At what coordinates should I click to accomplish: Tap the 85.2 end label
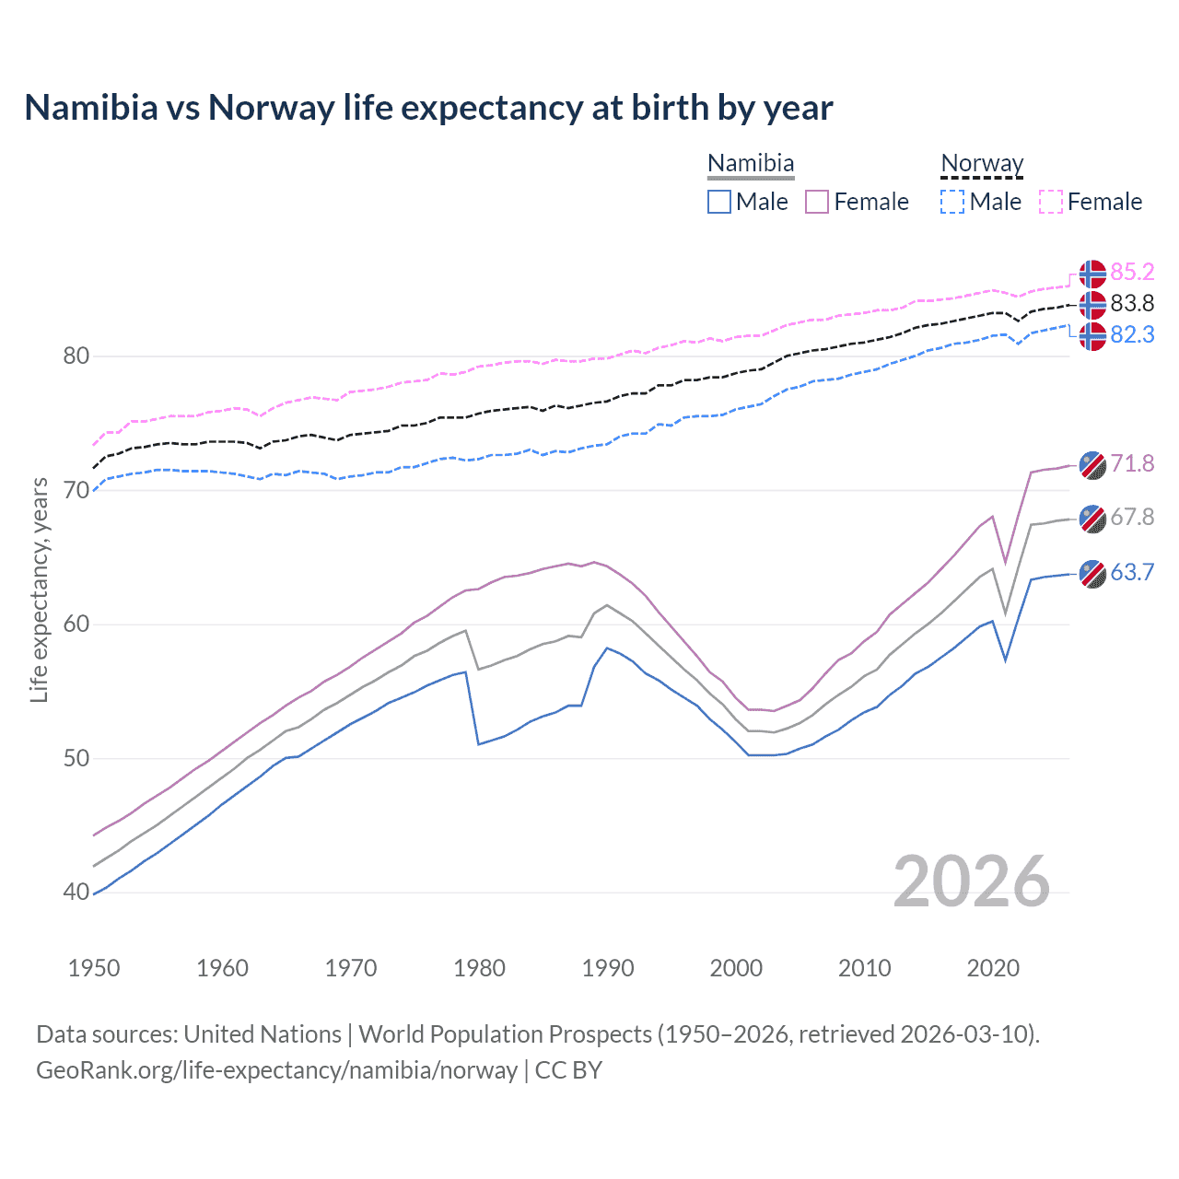1132,272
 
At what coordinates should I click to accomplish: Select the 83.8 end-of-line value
1132,303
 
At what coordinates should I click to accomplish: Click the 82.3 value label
1132,334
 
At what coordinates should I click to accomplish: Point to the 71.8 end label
1132,463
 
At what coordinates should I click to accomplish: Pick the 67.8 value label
1132,517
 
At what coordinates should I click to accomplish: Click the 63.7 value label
1132,572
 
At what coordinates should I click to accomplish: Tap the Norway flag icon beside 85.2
1092,274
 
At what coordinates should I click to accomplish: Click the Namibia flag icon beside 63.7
1092,573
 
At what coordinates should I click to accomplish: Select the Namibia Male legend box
719,202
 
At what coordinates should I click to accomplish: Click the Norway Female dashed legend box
1051,202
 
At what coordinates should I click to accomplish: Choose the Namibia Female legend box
817,202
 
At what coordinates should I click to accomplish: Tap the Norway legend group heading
982,164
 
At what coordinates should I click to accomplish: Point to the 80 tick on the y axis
76,356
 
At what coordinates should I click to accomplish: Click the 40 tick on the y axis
76,892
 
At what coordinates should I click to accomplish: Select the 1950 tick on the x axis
94,968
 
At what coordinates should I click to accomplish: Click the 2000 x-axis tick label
736,968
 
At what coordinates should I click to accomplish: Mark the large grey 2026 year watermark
972,881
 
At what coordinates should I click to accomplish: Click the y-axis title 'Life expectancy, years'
40,589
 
